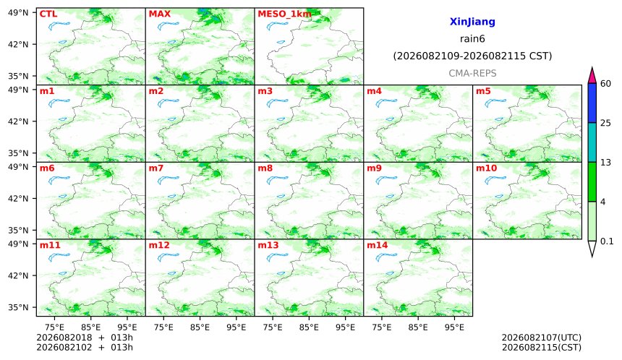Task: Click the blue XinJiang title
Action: click(x=472, y=22)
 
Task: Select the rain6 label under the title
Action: click(x=472, y=39)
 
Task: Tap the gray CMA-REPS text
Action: click(x=472, y=73)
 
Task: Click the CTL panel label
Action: click(x=48, y=14)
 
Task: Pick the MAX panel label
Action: click(x=159, y=14)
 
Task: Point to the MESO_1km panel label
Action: click(x=284, y=14)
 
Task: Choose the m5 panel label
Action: click(x=483, y=91)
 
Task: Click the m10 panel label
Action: click(x=486, y=168)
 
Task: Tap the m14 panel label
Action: click(x=378, y=245)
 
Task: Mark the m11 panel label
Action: click(x=50, y=245)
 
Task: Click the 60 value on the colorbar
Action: click(x=605, y=84)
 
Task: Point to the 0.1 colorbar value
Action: click(x=607, y=241)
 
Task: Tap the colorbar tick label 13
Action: click(x=605, y=163)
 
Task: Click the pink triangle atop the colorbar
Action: click(x=592, y=75)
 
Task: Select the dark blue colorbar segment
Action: click(x=592, y=103)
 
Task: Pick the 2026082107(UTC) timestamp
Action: click(x=542, y=338)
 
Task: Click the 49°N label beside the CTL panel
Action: click(x=18, y=13)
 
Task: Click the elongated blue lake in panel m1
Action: click(x=59, y=103)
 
